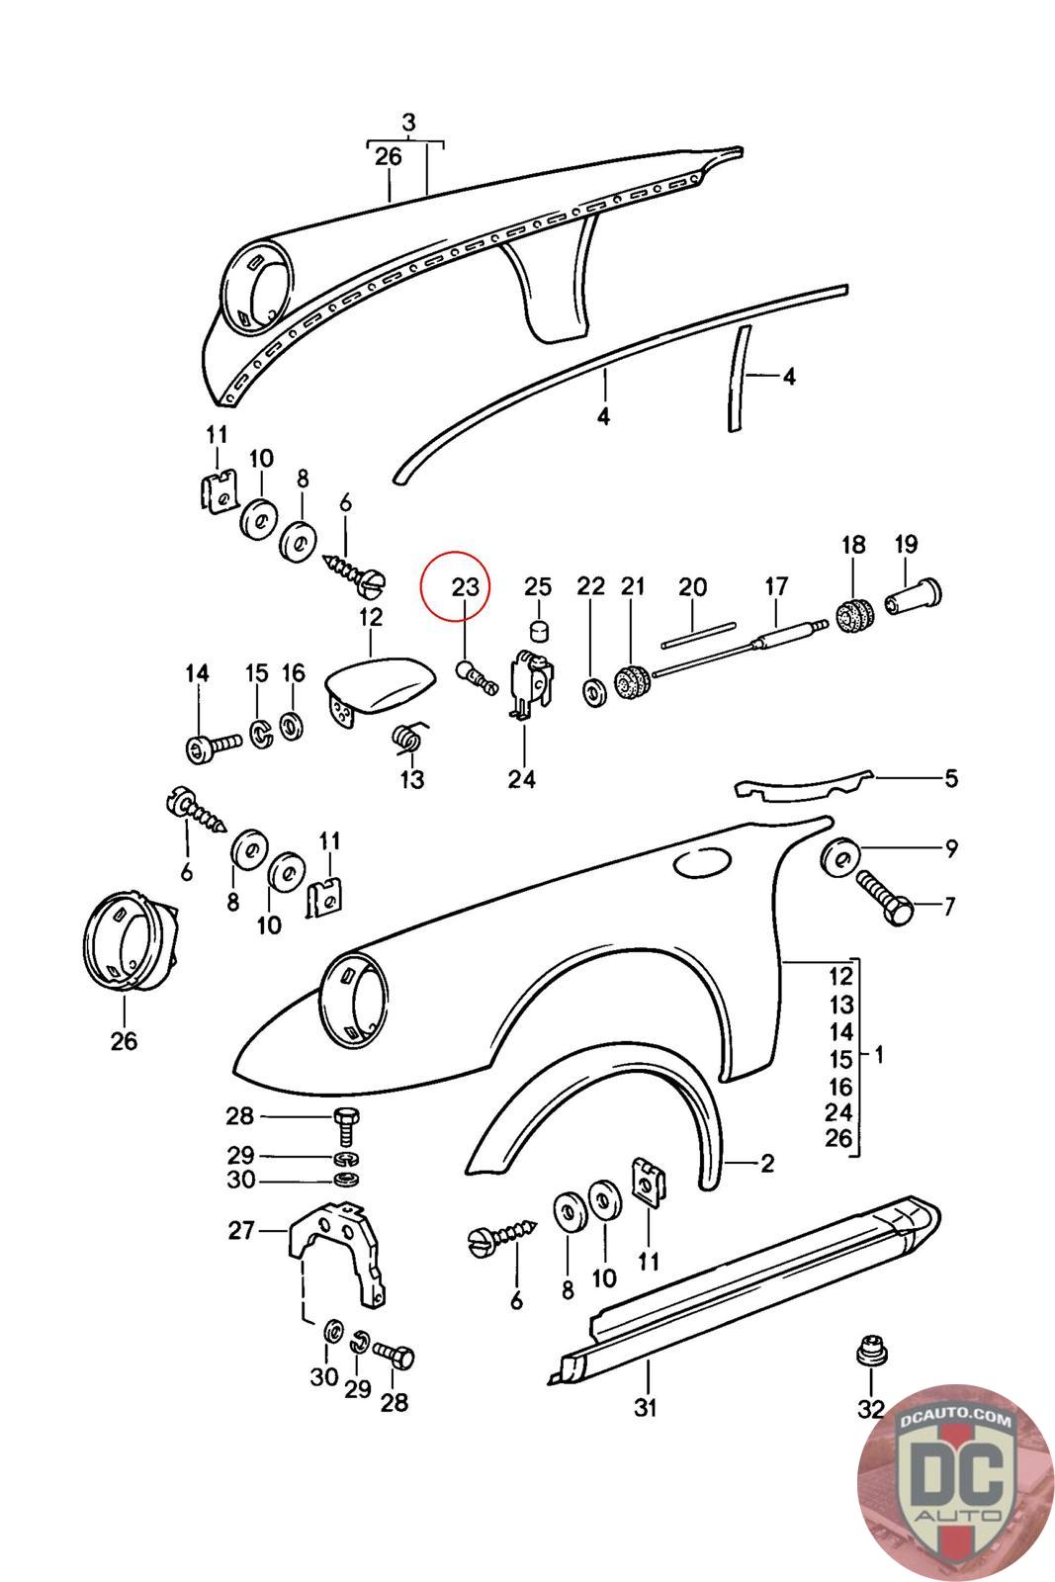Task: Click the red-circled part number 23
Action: [x=465, y=586]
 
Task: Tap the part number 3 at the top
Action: [x=408, y=124]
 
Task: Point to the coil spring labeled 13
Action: [x=409, y=738]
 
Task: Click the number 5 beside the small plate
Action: [x=950, y=778]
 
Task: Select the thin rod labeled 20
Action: [x=698, y=632]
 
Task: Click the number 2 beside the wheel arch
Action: [x=767, y=1164]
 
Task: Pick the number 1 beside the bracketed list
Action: [x=879, y=1055]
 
